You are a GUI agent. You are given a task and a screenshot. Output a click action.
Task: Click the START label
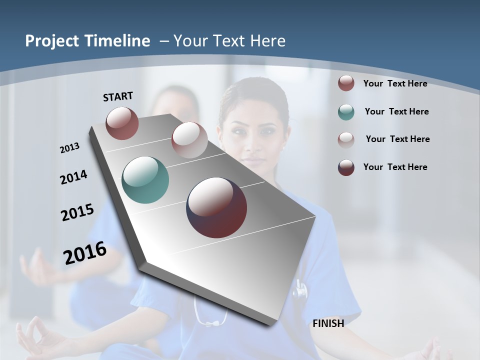click(x=118, y=96)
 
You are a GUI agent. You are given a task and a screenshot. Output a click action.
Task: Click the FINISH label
click(x=328, y=323)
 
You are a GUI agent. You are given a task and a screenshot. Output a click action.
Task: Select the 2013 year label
click(x=70, y=148)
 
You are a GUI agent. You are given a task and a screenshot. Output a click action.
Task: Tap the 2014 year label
click(x=74, y=177)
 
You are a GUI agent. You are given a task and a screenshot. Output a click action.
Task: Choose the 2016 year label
click(x=85, y=253)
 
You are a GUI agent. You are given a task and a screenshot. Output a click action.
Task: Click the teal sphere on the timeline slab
click(x=145, y=180)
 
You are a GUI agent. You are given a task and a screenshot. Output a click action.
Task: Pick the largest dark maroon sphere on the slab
click(x=216, y=207)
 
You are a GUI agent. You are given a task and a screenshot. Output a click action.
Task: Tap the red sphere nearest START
click(x=122, y=123)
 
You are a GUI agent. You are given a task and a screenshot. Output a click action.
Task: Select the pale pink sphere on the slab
click(x=189, y=140)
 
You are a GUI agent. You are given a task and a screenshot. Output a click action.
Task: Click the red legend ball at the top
click(x=346, y=83)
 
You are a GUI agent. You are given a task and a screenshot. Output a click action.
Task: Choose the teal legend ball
click(x=346, y=112)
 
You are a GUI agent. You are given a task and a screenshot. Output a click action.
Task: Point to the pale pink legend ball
click(x=346, y=139)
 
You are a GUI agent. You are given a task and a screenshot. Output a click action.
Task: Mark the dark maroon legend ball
click(x=346, y=167)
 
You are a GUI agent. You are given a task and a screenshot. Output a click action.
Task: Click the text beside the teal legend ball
click(x=396, y=111)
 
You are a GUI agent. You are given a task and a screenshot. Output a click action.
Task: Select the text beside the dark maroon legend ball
click(x=395, y=167)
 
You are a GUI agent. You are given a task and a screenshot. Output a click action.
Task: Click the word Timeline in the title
click(x=118, y=41)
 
